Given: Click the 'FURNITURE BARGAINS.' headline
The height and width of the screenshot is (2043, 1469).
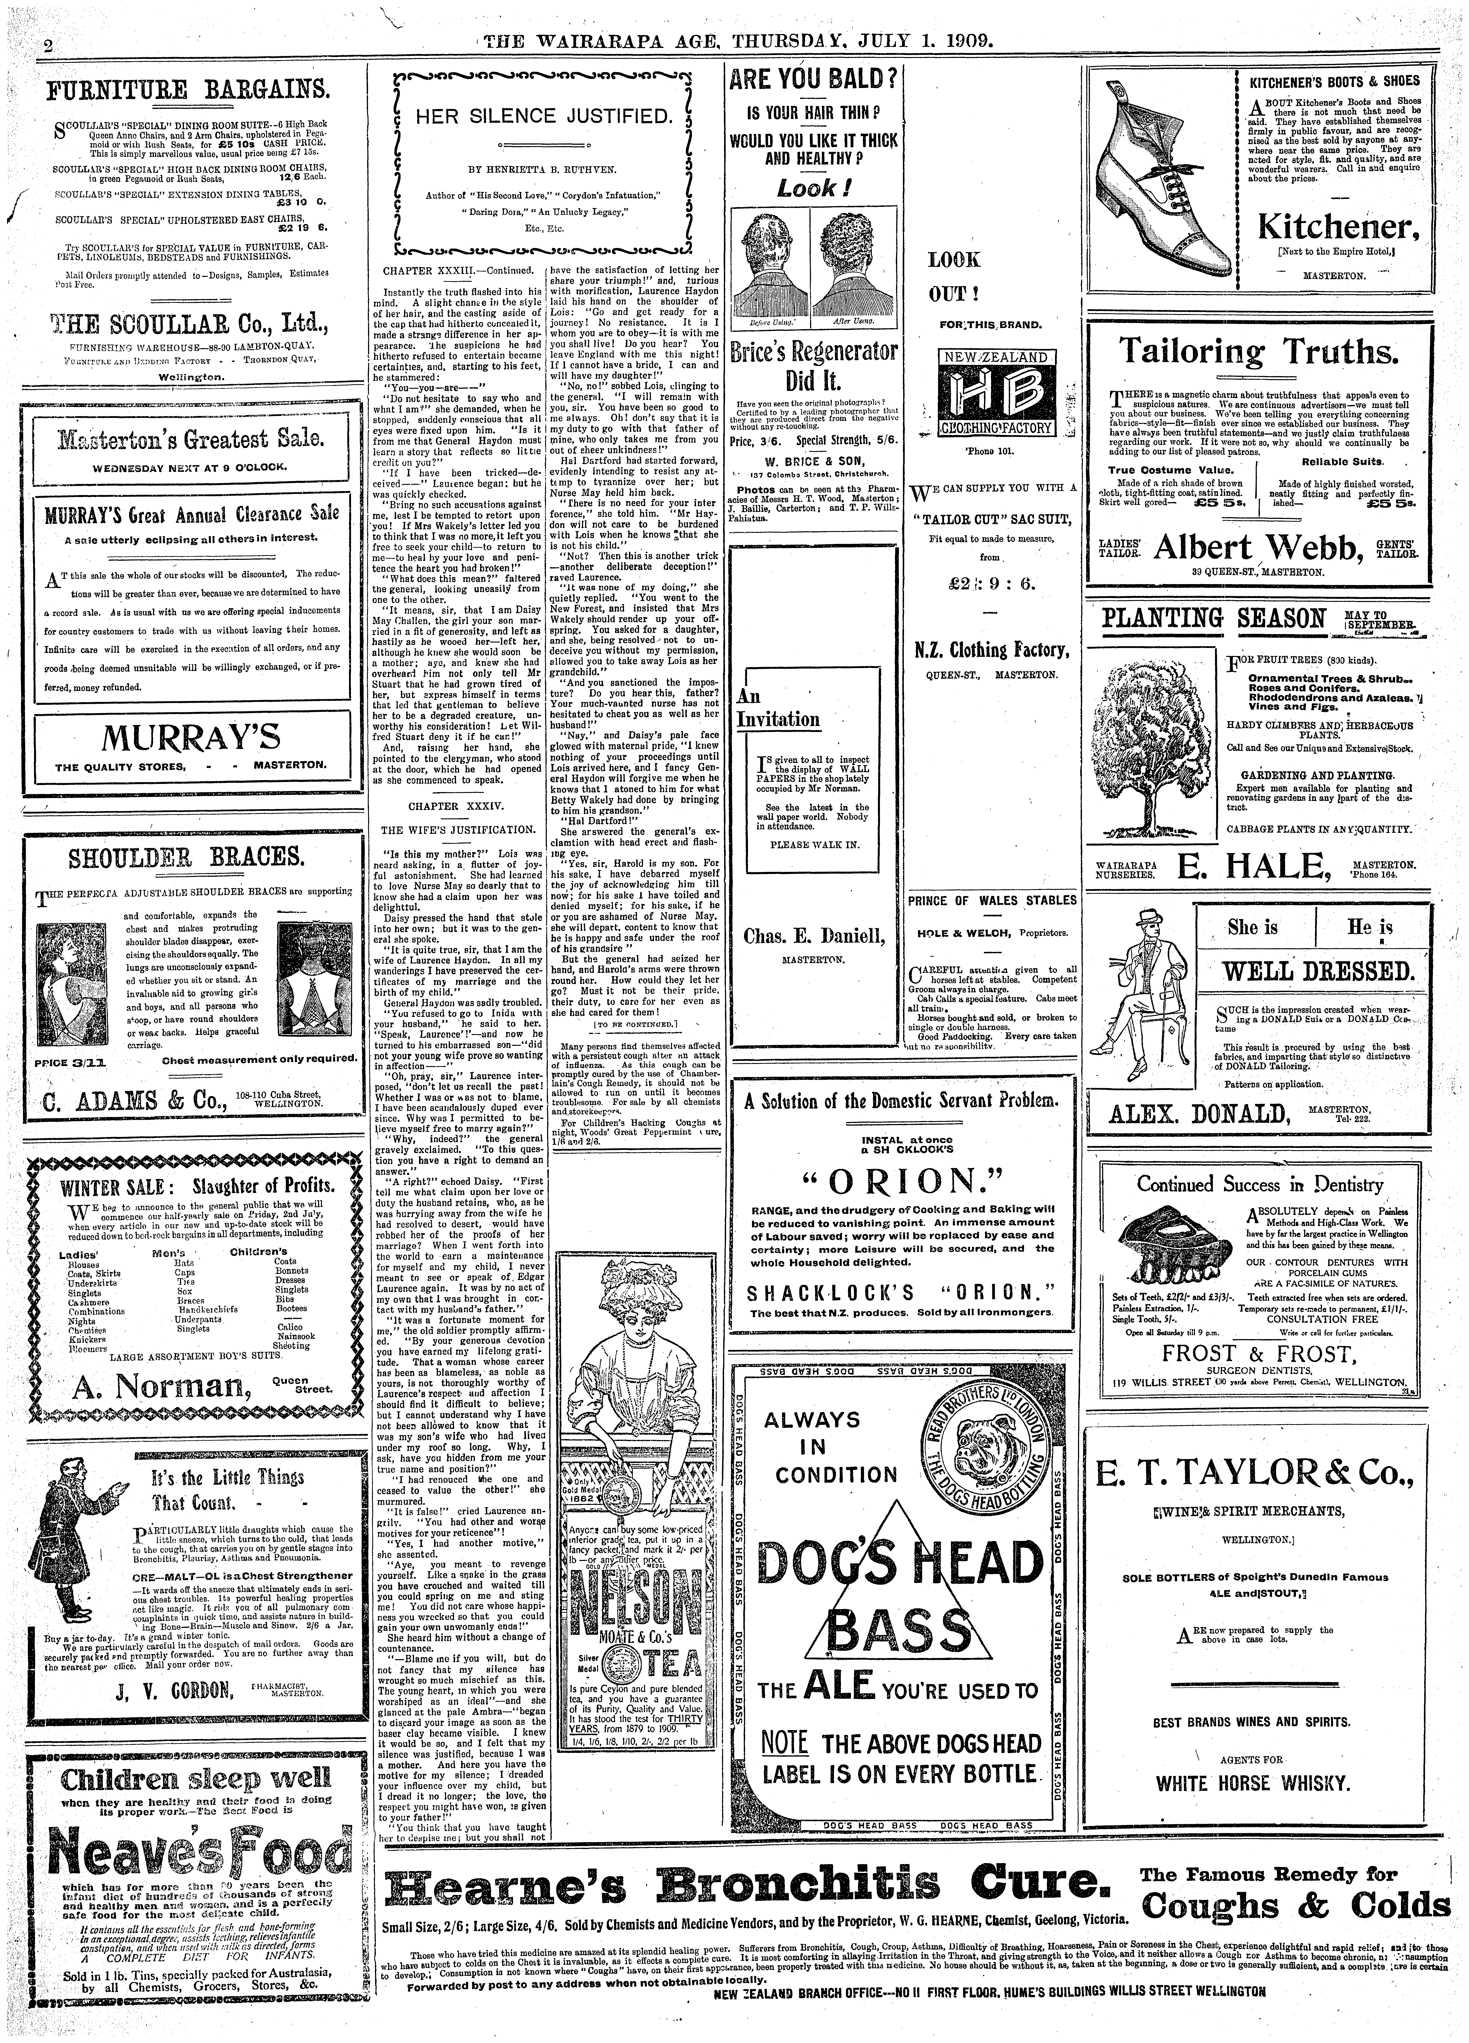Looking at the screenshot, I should click(187, 91).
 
